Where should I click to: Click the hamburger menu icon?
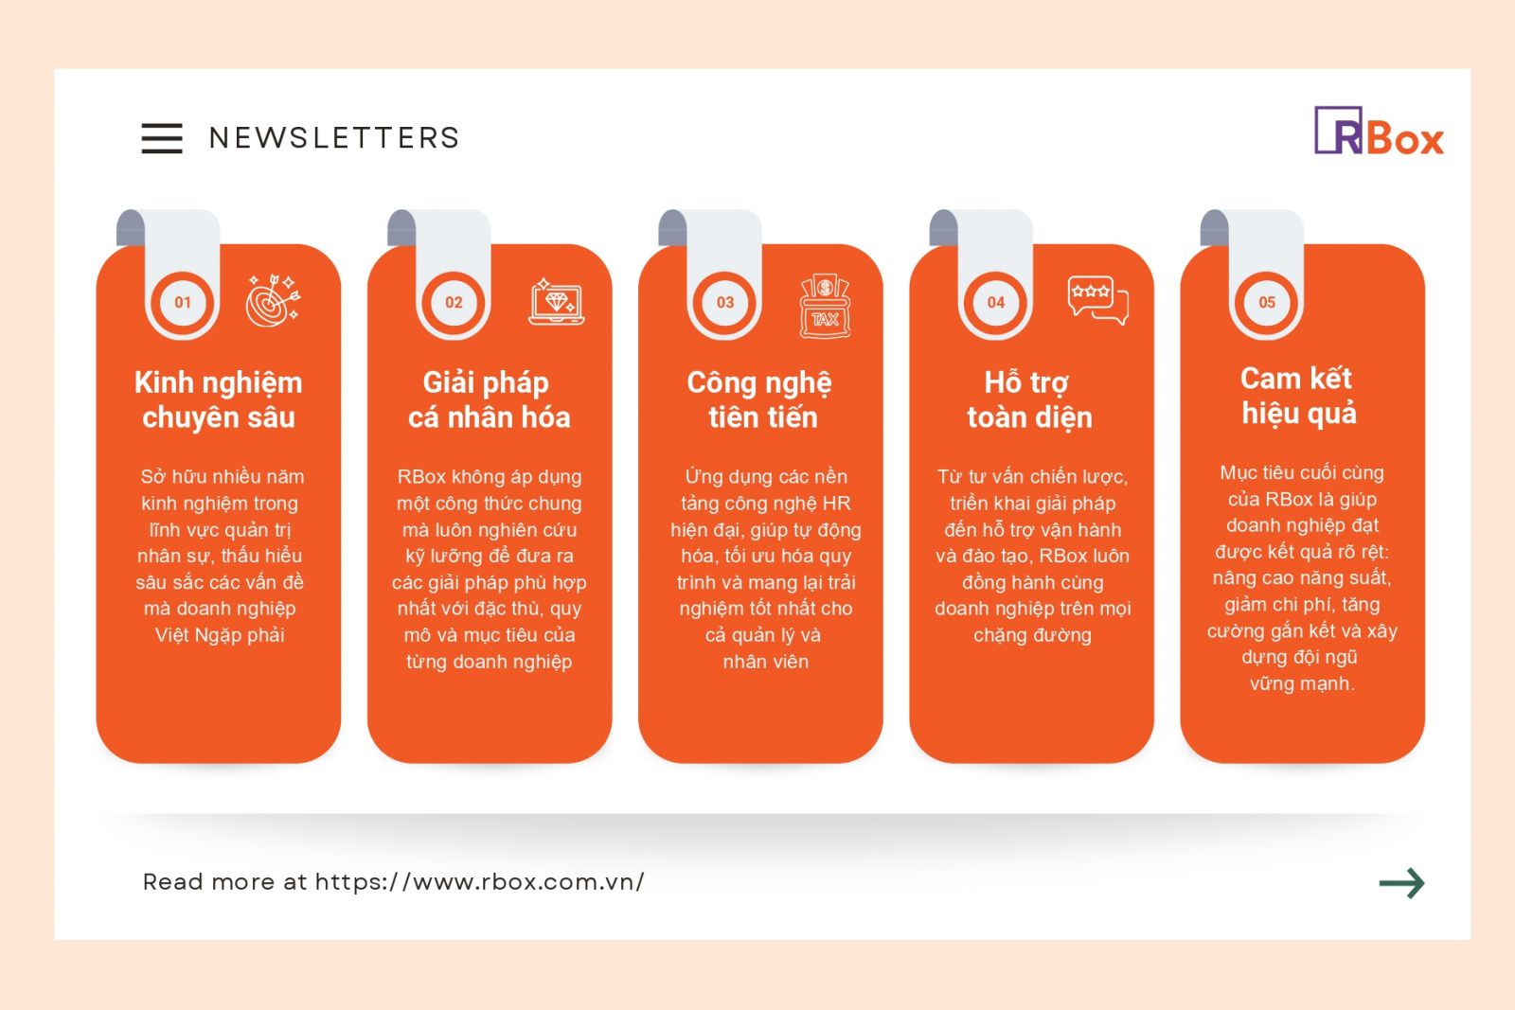(x=162, y=138)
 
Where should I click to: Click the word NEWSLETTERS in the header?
(x=334, y=138)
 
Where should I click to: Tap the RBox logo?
(x=1379, y=131)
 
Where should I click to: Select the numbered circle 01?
(x=183, y=302)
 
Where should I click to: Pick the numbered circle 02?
(x=454, y=302)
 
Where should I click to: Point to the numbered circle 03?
(x=725, y=302)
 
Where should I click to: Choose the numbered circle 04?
(x=995, y=302)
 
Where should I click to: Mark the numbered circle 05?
(x=1267, y=302)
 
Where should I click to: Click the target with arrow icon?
(x=274, y=301)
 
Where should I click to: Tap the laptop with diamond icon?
(x=557, y=301)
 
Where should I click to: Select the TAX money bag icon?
(x=825, y=306)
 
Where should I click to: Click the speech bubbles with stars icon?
(x=1098, y=300)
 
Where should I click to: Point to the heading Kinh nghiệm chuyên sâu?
(x=219, y=399)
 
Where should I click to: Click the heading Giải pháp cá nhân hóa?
(x=489, y=399)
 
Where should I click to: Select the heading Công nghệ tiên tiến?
(x=760, y=399)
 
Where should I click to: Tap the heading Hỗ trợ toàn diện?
(x=1030, y=399)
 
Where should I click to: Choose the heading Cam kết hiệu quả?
(x=1298, y=397)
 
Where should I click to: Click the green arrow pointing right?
(x=1401, y=883)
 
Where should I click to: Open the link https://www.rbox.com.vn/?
(x=479, y=881)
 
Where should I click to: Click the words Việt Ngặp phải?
(x=220, y=635)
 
